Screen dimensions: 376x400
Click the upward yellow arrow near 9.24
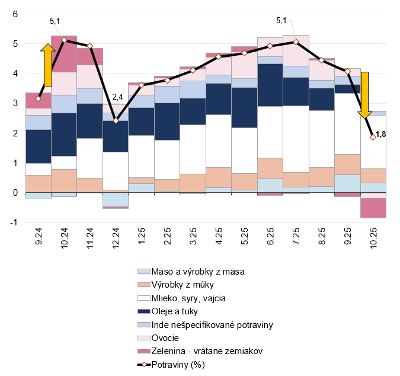47,65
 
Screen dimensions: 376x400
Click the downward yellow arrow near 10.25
365,94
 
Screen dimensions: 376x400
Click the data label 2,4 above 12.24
117,97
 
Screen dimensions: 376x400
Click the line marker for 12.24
116,120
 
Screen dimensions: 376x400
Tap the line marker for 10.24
64,40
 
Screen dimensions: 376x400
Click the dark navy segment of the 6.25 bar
270,85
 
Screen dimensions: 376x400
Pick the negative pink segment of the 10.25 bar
373,208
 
